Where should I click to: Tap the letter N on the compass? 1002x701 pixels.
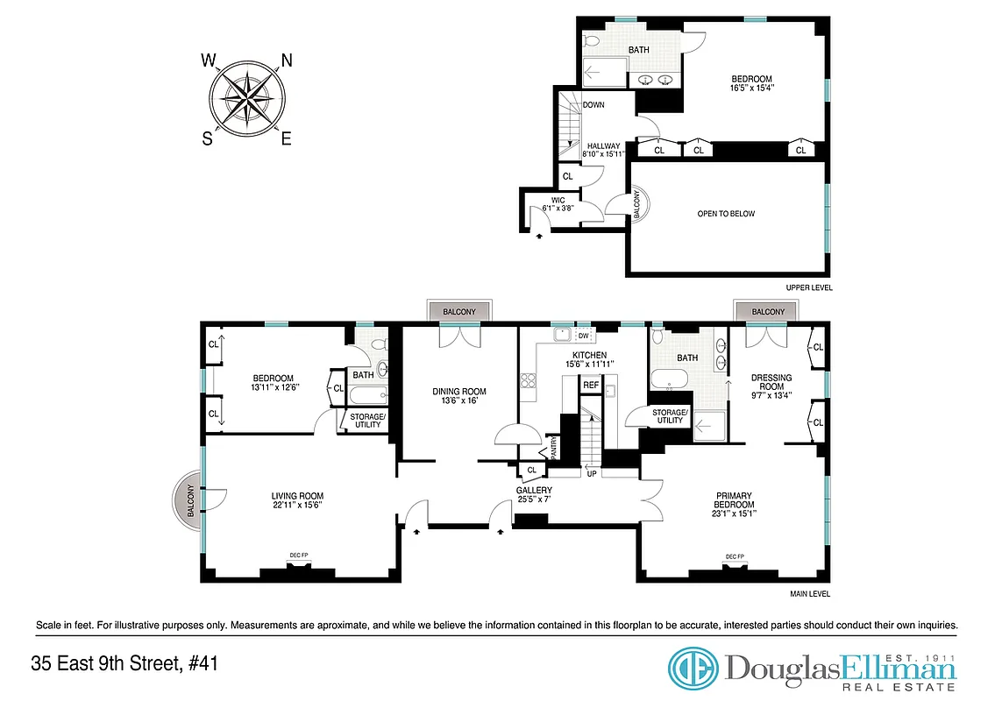coord(286,60)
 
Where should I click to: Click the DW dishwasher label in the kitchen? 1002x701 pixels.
coord(584,336)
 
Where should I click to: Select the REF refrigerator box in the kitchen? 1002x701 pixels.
coord(591,385)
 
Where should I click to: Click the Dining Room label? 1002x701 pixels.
coord(459,392)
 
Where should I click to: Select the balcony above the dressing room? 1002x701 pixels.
coord(768,312)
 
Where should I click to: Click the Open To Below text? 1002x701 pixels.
coord(726,214)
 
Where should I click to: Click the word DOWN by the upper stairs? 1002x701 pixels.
coord(593,105)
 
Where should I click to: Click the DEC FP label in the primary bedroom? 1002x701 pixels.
coord(735,557)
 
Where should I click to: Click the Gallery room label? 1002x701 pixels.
coord(533,490)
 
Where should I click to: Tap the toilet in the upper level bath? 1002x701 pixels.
coord(591,42)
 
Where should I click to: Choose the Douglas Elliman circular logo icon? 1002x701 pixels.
coord(693,669)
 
